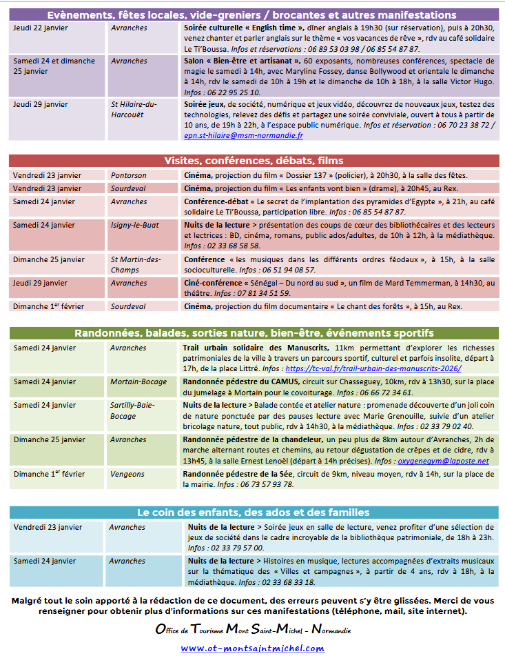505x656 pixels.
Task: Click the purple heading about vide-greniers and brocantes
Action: pos(251,14)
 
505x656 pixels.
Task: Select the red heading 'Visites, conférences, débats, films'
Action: pos(251,161)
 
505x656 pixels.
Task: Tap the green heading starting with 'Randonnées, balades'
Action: pos(251,333)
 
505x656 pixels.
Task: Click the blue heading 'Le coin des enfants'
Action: pos(251,513)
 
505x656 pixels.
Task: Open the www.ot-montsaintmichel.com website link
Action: pos(252,648)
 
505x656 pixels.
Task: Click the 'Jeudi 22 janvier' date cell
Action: pos(41,28)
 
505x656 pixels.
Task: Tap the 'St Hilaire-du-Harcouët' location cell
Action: pos(134,109)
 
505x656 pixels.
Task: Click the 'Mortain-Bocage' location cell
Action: pos(138,381)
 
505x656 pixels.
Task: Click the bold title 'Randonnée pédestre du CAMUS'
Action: pos(240,381)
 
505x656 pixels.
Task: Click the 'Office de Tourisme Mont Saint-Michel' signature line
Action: pos(252,630)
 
